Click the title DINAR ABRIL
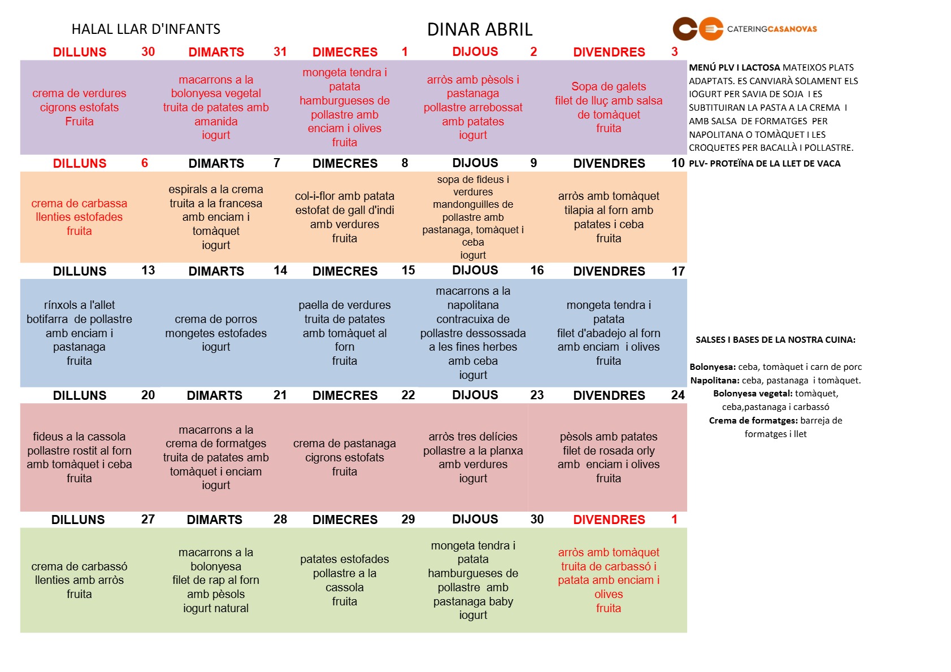[479, 29]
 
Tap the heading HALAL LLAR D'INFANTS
[146, 29]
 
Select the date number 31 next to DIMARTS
[280, 52]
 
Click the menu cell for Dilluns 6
[79, 217]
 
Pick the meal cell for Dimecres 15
[345, 333]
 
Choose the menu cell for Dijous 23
[473, 457]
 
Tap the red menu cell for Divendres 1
[609, 580]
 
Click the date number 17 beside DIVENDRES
[678, 271]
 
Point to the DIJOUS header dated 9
[475, 163]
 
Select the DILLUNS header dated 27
[78, 520]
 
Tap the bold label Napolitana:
[715, 381]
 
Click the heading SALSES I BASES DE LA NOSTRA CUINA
[775, 340]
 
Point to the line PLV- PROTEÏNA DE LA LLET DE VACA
[765, 164]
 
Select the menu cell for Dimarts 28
[216, 580]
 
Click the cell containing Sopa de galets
[609, 107]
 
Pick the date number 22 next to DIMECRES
[408, 395]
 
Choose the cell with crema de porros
[216, 333]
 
